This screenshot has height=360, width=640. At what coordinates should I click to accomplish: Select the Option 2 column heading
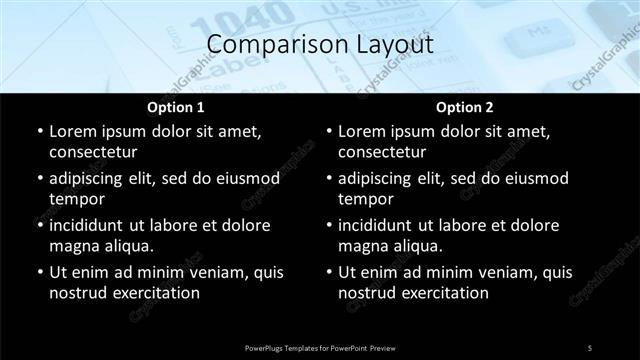464,107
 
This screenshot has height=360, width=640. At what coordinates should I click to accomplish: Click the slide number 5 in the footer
589,347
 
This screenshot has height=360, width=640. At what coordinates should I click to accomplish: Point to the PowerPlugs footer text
320,347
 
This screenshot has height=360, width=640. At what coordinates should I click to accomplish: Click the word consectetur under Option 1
93,152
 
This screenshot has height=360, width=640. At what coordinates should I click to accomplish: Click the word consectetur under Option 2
382,152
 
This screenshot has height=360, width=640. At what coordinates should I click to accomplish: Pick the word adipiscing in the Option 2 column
382,178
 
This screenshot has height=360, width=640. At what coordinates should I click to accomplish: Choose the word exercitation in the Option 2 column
440,293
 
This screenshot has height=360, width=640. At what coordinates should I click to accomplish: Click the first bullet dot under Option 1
38,132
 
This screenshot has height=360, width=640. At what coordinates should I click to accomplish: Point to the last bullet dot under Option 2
327,272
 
